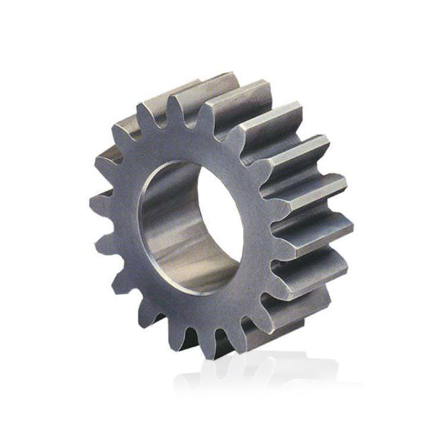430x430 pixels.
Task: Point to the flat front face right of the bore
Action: tap(259, 222)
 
